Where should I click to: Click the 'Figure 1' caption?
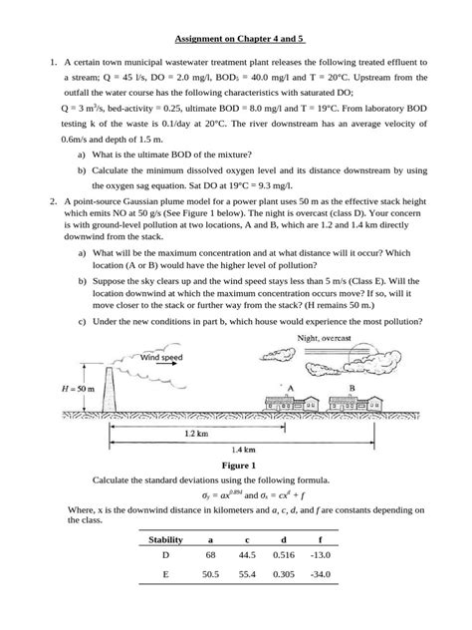[x=236, y=465]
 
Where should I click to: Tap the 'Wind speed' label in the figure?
[x=162, y=356]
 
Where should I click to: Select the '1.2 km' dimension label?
[x=198, y=435]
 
